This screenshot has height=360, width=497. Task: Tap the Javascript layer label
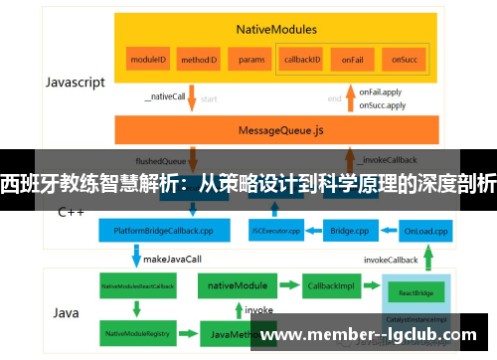[75, 83]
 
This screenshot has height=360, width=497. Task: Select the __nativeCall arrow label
[166, 97]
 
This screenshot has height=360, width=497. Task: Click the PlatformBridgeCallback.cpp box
[163, 231]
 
